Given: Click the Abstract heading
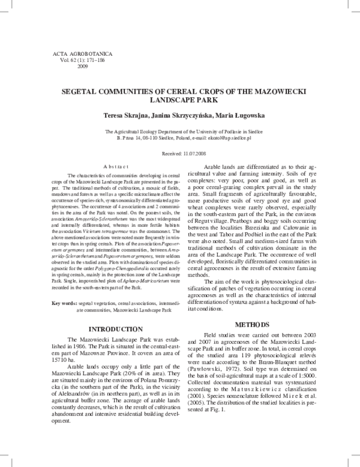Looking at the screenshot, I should click(x=115, y=165).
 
